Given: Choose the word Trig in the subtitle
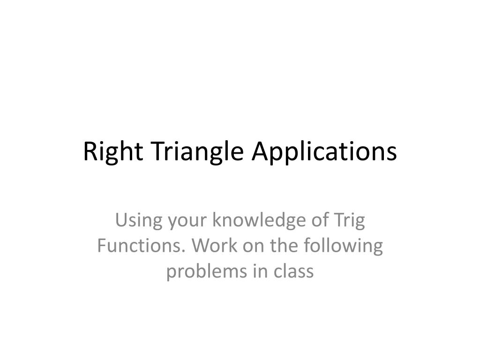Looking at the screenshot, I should pos(348,221).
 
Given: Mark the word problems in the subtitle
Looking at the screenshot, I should pos(204,271).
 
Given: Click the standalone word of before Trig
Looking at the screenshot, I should pos(317,221).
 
